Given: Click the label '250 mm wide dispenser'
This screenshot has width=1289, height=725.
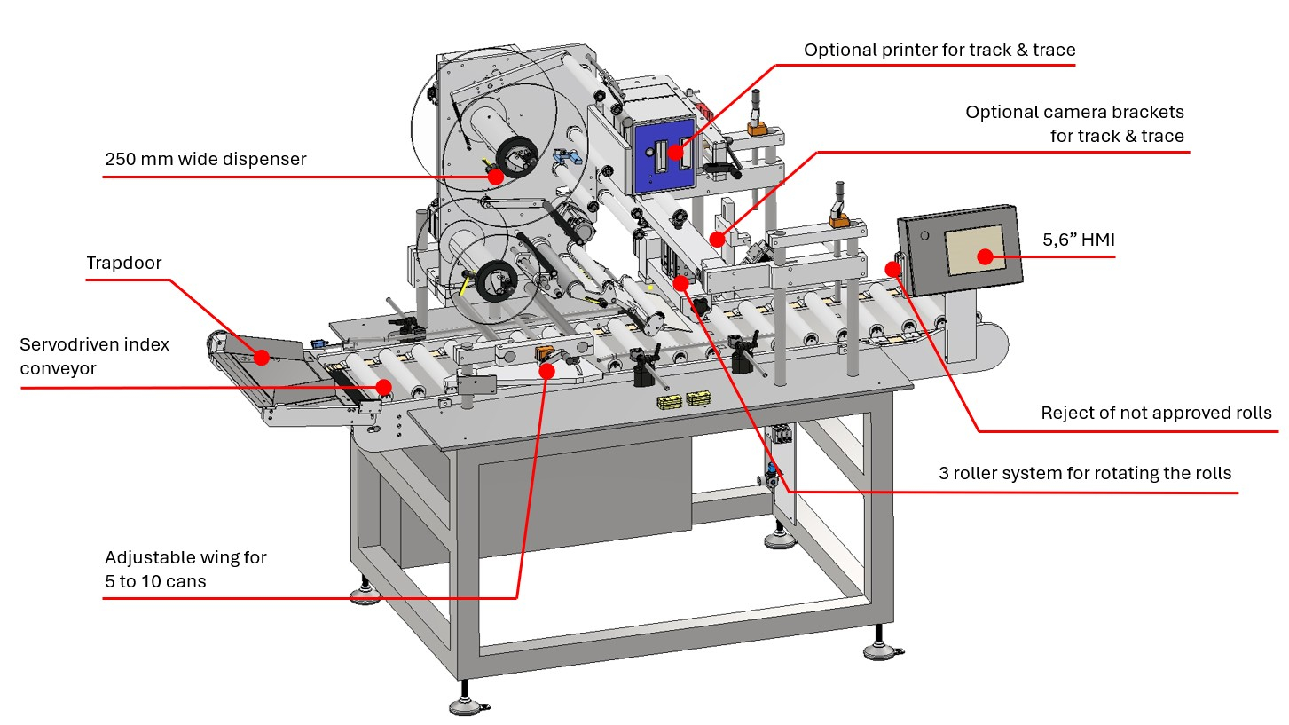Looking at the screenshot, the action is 206,159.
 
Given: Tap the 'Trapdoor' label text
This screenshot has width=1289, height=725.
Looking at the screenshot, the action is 123,263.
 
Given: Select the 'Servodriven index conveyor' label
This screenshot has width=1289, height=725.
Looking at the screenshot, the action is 94,356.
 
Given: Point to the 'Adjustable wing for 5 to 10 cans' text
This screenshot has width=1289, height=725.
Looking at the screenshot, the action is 185,569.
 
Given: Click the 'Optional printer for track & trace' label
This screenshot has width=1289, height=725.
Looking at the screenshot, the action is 939,50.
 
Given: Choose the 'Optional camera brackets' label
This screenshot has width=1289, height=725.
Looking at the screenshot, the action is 1074,123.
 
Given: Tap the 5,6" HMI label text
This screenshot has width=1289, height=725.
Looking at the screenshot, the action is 1079,240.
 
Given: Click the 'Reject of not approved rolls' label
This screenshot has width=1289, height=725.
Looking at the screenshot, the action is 1156,413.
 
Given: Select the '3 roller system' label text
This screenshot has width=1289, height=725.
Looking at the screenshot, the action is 1085,473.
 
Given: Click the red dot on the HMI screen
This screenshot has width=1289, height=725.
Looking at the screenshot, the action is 986,256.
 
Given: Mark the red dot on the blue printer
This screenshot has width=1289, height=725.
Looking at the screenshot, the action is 676,152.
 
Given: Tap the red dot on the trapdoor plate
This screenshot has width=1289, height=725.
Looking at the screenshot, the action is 262,358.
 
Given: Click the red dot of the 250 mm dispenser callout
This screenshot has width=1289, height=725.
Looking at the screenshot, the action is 496,177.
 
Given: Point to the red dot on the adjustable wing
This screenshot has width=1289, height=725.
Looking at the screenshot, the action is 547,371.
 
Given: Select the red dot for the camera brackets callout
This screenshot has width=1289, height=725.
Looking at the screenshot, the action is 717,239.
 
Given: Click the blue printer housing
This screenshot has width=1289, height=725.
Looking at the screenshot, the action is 665,155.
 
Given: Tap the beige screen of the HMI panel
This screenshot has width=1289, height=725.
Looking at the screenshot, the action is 976,250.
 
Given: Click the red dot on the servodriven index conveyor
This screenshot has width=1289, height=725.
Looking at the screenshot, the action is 384,387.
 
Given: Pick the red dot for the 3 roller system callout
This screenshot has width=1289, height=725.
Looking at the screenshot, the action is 681,282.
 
